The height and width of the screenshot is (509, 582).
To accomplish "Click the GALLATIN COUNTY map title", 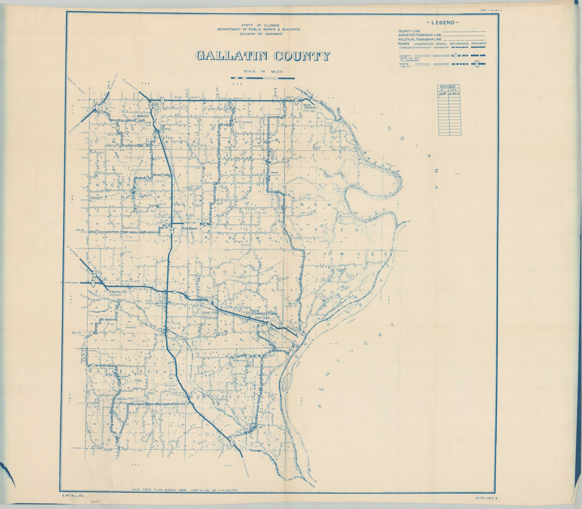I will click(x=263, y=56).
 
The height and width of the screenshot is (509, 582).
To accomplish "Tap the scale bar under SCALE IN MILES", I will click(x=263, y=78).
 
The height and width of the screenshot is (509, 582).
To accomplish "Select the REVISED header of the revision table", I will click(x=448, y=87).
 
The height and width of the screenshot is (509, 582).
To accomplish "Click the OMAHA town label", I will click(x=143, y=116).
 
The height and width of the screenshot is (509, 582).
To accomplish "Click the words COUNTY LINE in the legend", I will click(x=409, y=31).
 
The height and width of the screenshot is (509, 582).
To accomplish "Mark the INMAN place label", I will click(x=274, y=172).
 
